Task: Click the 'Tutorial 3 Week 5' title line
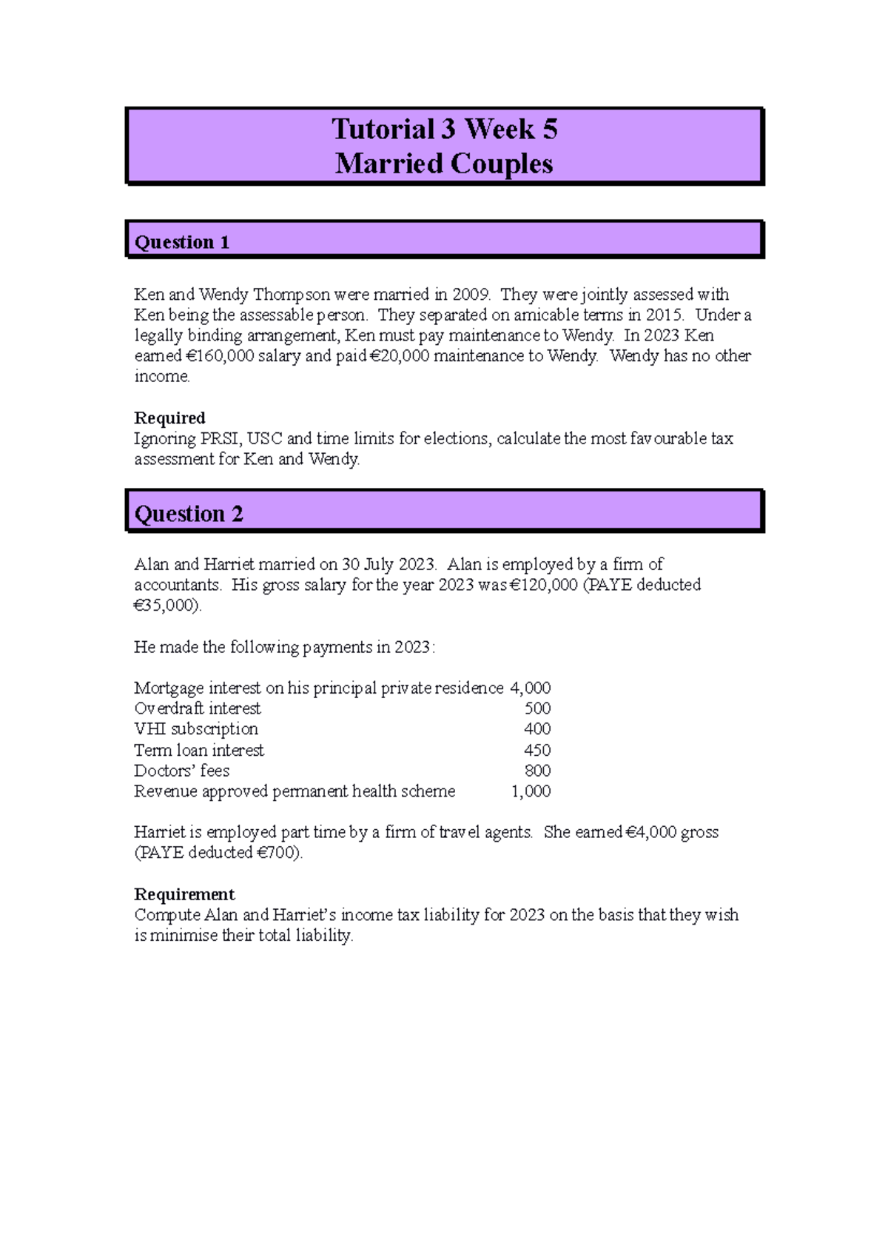point(444,130)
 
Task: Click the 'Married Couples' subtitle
point(444,164)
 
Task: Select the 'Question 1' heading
point(182,242)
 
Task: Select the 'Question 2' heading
point(189,514)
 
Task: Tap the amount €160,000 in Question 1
point(220,356)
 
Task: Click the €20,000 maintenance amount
point(399,356)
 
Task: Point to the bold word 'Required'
point(169,418)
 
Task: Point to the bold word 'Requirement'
point(184,894)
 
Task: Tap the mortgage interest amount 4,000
point(530,688)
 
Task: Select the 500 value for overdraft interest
point(537,708)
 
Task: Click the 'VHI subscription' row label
point(196,729)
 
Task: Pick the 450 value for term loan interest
point(537,750)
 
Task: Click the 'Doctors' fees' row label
point(182,771)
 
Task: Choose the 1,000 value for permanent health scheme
point(531,791)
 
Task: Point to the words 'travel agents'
point(485,832)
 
